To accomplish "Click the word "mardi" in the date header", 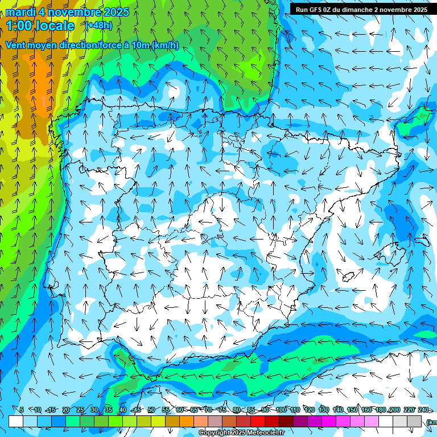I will pyautogui.click(x=20, y=12).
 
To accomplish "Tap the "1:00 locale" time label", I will pyautogui.click(x=40, y=26).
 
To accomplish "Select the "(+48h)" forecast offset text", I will pyautogui.click(x=98, y=26).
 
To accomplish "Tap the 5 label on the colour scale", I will pyautogui.click(x=22, y=410).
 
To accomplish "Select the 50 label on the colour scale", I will pyautogui.click(x=151, y=410).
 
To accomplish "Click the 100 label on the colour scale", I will pyautogui.click(x=281, y=410).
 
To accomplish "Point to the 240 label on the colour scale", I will pyautogui.click(x=423, y=410).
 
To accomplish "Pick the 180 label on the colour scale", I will pyautogui.click(x=380, y=410).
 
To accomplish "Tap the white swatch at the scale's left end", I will pyautogui.click(x=16, y=421).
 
